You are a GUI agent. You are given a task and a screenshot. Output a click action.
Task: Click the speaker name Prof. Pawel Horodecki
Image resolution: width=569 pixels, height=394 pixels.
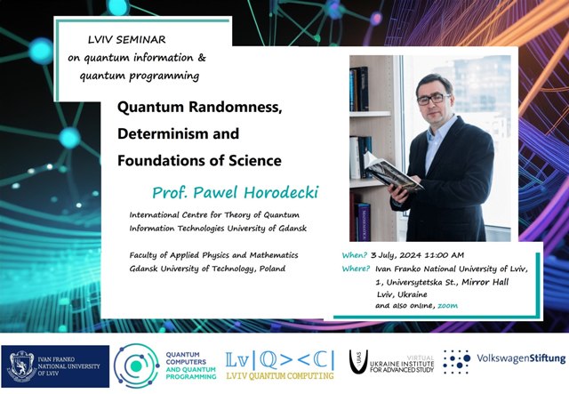point(235,192)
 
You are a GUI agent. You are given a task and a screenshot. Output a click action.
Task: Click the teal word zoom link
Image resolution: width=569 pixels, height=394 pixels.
point(447,306)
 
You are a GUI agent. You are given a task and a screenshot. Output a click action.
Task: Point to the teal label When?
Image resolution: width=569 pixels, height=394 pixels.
point(355,255)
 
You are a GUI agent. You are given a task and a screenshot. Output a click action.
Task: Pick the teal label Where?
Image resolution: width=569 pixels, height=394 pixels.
point(356,269)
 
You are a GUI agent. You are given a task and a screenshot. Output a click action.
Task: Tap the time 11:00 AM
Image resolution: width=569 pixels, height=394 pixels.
point(445,255)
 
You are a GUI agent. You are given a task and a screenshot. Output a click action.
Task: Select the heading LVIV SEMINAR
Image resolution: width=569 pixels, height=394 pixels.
point(126,40)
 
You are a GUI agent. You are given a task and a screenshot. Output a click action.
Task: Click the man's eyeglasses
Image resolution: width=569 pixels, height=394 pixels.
point(433,99)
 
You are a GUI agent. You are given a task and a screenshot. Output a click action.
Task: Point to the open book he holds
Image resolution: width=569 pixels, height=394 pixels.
point(393,173)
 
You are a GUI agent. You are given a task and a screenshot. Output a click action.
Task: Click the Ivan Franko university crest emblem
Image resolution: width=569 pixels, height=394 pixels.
point(21,366)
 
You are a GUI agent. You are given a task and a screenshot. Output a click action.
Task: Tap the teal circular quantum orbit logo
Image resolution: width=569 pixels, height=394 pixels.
point(136,366)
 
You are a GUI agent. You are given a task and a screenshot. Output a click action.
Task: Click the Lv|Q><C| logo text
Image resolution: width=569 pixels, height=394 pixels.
point(280,360)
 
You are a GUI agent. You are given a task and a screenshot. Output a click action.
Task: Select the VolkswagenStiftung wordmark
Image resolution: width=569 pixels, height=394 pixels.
point(521,358)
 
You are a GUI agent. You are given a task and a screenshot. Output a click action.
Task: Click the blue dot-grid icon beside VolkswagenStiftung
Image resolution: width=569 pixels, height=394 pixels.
point(456,362)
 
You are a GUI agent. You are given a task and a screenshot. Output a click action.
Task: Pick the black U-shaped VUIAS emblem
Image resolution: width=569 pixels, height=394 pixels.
point(358,362)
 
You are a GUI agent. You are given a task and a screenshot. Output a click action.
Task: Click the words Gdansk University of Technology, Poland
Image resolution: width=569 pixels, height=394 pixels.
point(207,269)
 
